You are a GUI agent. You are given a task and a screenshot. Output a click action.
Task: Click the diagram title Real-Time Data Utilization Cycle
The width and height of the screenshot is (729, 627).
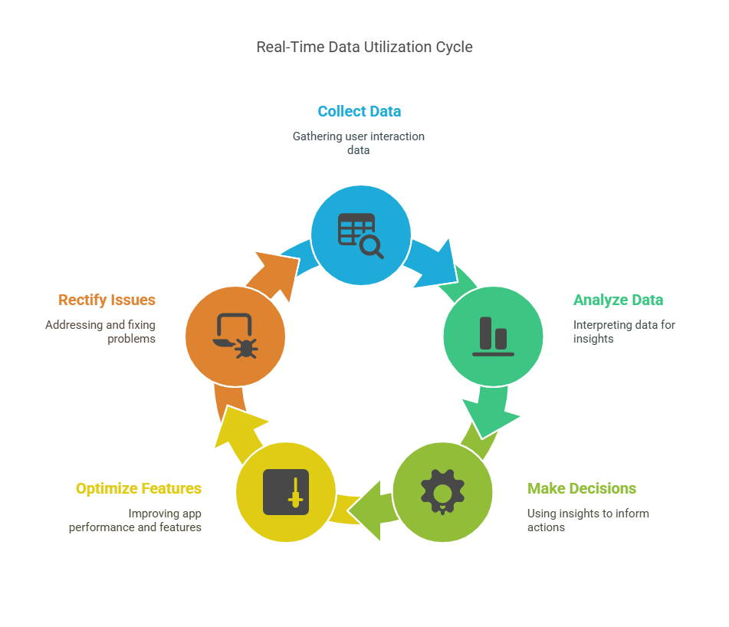tap(364, 47)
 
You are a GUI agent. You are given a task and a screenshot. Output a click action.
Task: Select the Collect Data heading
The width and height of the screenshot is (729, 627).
tap(359, 111)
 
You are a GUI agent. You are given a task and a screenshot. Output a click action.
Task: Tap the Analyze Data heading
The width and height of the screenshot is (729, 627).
tap(618, 300)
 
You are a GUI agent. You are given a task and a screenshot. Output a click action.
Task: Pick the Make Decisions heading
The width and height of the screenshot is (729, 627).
tap(581, 488)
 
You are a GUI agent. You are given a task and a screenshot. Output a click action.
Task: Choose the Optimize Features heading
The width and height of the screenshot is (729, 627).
tap(139, 488)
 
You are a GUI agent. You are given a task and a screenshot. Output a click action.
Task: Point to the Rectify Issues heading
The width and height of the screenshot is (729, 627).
tap(107, 300)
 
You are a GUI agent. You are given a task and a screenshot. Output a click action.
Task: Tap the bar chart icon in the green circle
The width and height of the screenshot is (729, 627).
tap(493, 336)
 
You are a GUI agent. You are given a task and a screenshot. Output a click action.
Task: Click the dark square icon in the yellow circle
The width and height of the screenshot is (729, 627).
tap(286, 491)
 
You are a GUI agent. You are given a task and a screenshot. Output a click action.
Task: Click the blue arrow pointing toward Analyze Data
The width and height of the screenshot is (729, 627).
tap(435, 262)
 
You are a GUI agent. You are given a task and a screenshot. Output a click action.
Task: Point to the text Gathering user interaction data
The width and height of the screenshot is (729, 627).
tap(359, 143)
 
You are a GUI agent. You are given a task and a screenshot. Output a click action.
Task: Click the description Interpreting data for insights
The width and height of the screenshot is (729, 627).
tap(624, 331)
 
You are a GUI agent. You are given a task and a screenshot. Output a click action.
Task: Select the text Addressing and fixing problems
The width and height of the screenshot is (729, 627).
tap(100, 331)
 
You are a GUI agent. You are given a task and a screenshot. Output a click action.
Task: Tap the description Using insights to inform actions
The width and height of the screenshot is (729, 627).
tap(588, 520)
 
